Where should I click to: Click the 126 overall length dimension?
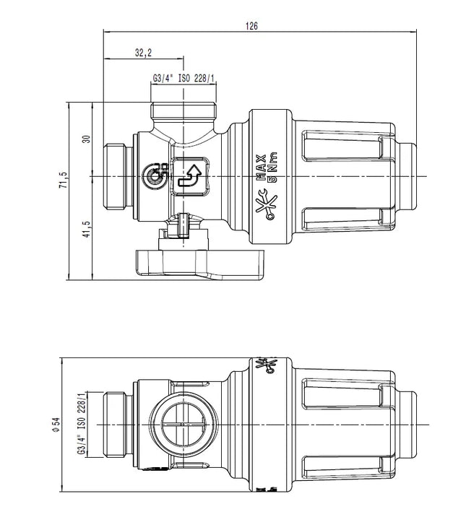pos(251,26)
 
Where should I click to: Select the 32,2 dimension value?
pos(144,53)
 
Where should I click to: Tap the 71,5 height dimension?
pos(64,180)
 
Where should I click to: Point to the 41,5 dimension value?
pos(87,229)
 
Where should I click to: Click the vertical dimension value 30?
pos(87,139)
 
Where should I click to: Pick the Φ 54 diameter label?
pos(56,424)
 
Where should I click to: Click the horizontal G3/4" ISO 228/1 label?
pos(184,79)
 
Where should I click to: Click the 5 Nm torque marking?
pos(272,168)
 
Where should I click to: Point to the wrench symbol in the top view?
pos(267,205)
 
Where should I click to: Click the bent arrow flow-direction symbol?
pos(190,175)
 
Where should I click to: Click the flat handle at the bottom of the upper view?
pos(200,265)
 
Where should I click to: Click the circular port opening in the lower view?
pos(183,425)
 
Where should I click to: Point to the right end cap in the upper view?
pos(408,176)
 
